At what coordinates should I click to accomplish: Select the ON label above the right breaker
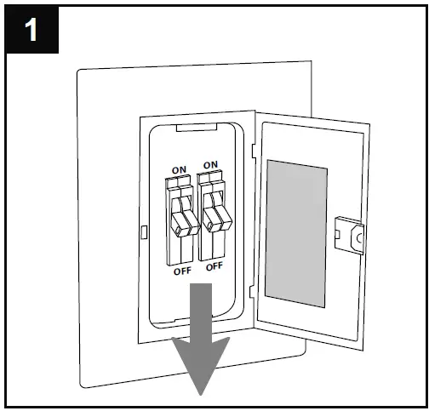pos(210,163)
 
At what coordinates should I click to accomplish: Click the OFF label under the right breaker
pos(214,265)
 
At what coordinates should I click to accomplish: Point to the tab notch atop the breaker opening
pos(195,129)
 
